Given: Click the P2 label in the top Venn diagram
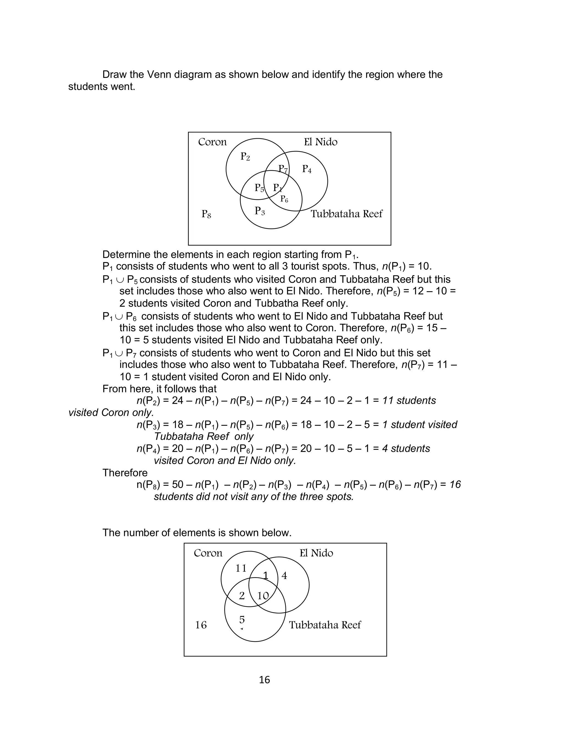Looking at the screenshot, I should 245,156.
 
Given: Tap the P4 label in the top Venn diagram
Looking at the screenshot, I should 307,169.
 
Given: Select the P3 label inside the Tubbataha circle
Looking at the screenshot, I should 260,211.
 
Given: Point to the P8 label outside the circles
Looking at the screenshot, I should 206,214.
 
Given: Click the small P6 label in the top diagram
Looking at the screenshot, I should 284,199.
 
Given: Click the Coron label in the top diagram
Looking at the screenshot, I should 212,142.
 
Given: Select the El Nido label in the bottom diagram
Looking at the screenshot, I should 316,553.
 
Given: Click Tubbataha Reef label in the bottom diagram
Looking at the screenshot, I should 325,625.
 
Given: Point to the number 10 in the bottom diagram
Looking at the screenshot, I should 263,596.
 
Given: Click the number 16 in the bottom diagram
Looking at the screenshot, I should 201,625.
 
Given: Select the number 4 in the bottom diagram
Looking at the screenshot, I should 284,576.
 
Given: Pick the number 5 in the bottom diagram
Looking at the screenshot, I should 242,619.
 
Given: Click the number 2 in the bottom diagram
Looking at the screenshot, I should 242,596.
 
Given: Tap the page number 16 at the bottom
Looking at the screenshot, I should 264,680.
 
